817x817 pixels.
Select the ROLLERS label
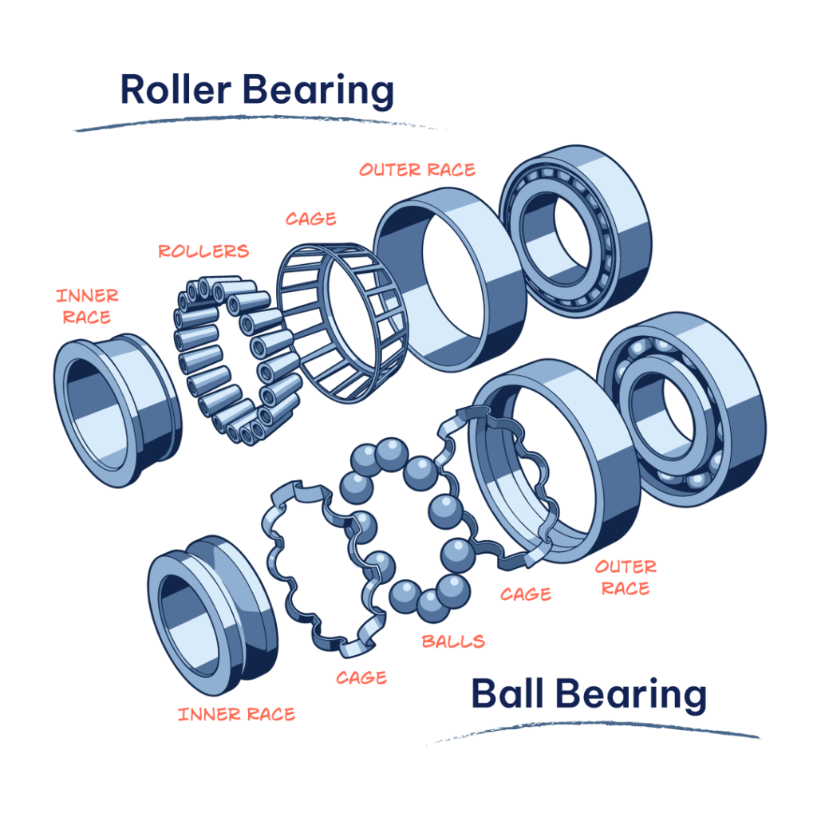pos(203,251)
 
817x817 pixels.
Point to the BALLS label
pos(453,641)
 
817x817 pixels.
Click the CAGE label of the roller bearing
pos(311,219)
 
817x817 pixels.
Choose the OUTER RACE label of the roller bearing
pos(416,170)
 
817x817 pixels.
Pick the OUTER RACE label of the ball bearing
pos(626,578)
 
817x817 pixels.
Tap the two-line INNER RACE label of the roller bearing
pos(87,306)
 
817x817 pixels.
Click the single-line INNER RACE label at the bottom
pos(236,714)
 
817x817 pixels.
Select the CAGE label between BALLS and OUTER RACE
pos(526,594)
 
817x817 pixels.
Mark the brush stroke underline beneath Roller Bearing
pos(255,124)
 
